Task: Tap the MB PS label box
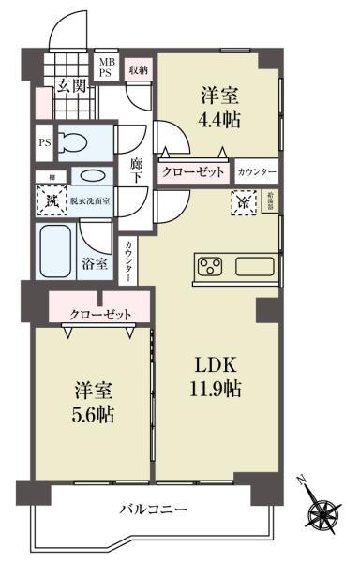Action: pyautogui.click(x=109, y=68)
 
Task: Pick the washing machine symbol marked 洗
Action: pyautogui.click(x=50, y=200)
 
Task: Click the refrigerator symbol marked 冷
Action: pyautogui.click(x=242, y=200)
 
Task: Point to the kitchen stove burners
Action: pyautogui.click(x=211, y=266)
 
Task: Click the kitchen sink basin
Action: pyautogui.click(x=254, y=266)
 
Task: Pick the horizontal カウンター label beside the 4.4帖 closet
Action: pyautogui.click(x=257, y=173)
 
